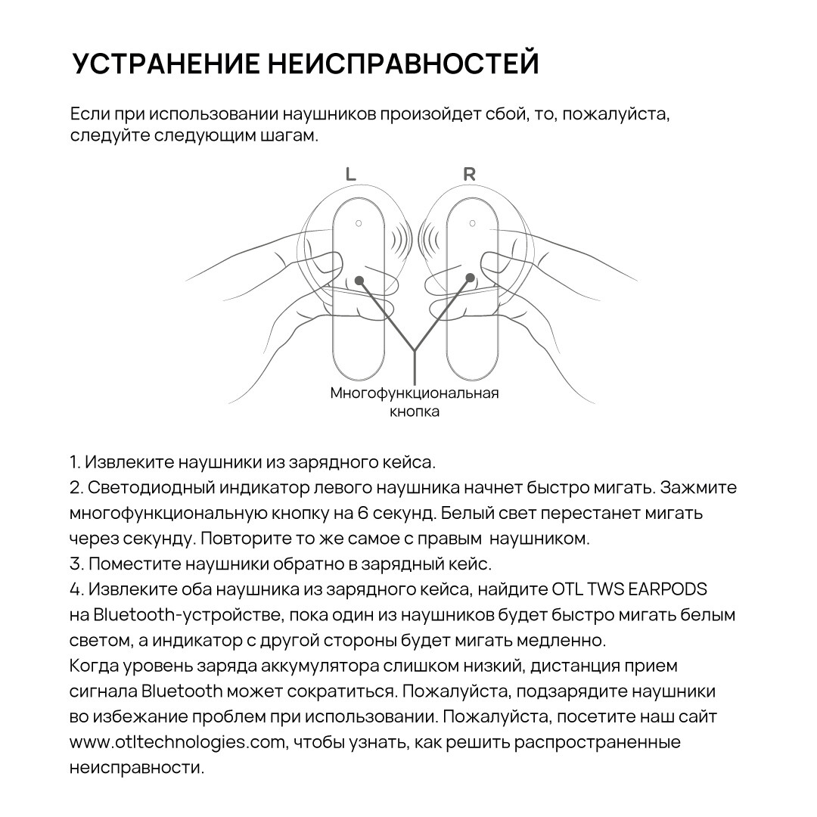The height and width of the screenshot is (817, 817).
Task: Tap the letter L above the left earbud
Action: click(350, 174)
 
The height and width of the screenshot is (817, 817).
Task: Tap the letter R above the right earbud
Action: click(469, 174)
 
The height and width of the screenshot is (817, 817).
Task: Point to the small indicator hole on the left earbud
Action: click(359, 223)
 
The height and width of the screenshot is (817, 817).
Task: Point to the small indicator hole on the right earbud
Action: click(472, 223)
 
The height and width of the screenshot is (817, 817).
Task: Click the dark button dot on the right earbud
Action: click(470, 278)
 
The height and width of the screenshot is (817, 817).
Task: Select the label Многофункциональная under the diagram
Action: click(415, 393)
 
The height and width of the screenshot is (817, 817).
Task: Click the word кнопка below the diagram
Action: click(415, 412)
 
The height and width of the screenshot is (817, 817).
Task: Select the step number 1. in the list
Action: click(75, 461)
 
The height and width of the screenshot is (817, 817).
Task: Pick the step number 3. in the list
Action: click(76, 564)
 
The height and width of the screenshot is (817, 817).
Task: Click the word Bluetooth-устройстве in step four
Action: click(191, 614)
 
